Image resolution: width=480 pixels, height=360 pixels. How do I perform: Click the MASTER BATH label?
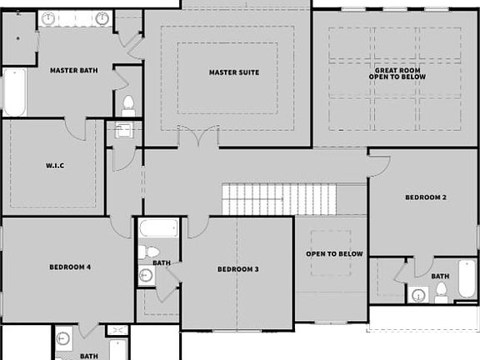tap(74, 71)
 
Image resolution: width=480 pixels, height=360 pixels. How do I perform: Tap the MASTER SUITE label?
tap(233, 72)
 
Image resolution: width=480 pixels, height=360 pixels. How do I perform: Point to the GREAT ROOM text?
tap(397, 72)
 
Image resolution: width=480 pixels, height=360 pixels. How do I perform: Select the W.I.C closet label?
tap(55, 166)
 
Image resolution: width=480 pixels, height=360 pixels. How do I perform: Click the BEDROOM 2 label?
tap(426, 197)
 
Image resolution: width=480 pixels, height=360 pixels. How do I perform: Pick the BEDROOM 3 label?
tap(238, 269)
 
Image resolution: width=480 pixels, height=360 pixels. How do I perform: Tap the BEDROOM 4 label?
tap(70, 267)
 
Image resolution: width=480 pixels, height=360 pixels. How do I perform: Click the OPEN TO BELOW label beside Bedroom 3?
tap(334, 253)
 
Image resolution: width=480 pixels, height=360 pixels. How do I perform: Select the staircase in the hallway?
tap(279, 199)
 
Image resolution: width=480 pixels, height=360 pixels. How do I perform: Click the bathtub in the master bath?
tap(14, 92)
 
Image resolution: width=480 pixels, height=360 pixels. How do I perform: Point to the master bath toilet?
tap(128, 105)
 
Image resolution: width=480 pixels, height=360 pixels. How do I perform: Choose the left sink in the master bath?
tap(47, 18)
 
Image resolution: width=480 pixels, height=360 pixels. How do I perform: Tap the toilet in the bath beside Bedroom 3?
tap(152, 252)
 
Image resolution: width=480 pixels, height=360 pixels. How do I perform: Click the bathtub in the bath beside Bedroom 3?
tap(157, 227)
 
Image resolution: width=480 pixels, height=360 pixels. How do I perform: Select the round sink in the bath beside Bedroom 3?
tap(146, 276)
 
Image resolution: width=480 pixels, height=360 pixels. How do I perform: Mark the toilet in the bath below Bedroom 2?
tap(442, 291)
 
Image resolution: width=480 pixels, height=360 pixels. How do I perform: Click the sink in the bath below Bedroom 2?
tap(418, 293)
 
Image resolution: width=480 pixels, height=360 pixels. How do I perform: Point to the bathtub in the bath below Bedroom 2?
tap(467, 279)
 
